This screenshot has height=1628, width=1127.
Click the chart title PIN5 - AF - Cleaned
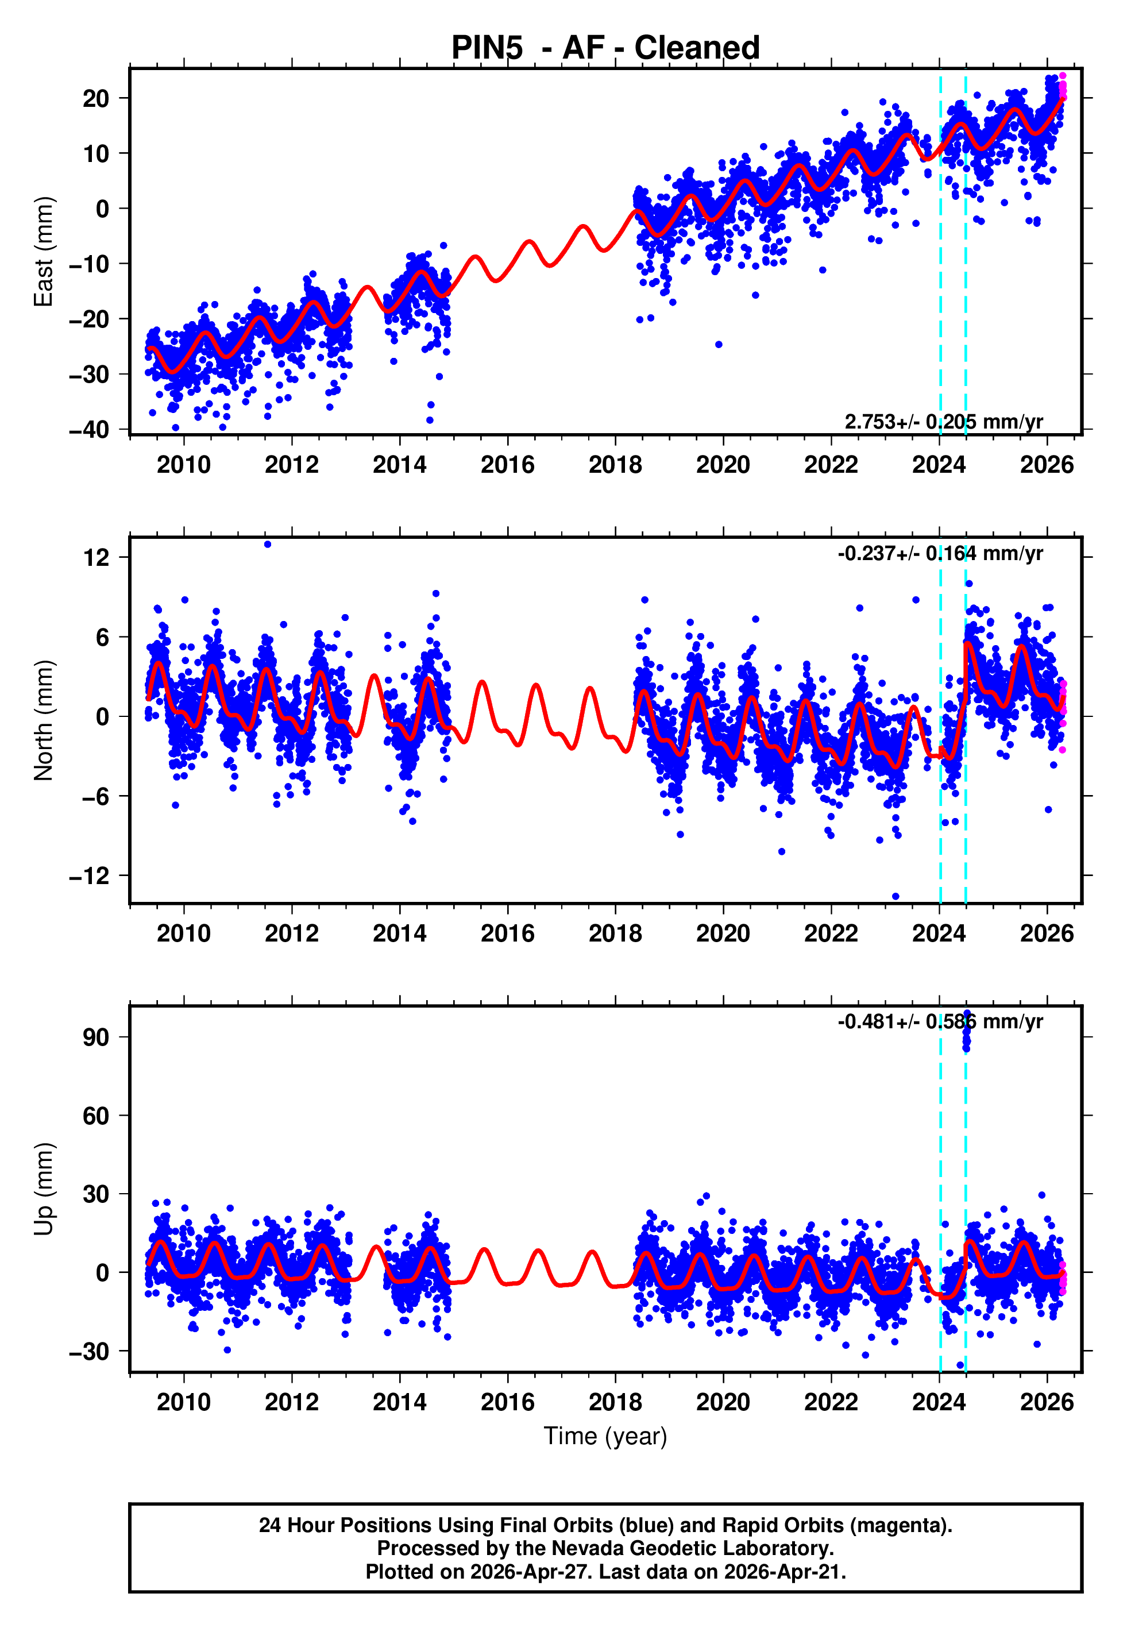point(605,48)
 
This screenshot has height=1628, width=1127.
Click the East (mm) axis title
point(44,252)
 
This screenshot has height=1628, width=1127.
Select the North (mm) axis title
point(44,720)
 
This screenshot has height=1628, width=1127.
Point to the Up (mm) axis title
point(44,1189)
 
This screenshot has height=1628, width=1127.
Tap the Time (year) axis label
point(605,1436)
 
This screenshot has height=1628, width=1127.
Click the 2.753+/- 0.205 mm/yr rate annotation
point(943,422)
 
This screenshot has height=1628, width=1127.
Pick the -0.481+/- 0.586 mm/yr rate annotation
point(940,1021)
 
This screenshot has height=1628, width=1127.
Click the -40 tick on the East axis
point(89,429)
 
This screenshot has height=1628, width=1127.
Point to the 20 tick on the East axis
point(96,98)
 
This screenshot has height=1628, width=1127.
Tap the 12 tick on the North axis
point(96,558)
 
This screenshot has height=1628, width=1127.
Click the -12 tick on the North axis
point(89,876)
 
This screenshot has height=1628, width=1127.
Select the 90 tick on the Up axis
point(96,1037)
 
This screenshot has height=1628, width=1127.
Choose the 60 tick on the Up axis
point(96,1116)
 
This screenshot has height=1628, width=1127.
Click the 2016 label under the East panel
point(508,465)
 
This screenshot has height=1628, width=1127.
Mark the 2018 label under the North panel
point(615,933)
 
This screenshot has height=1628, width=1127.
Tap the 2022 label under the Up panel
point(831,1402)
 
